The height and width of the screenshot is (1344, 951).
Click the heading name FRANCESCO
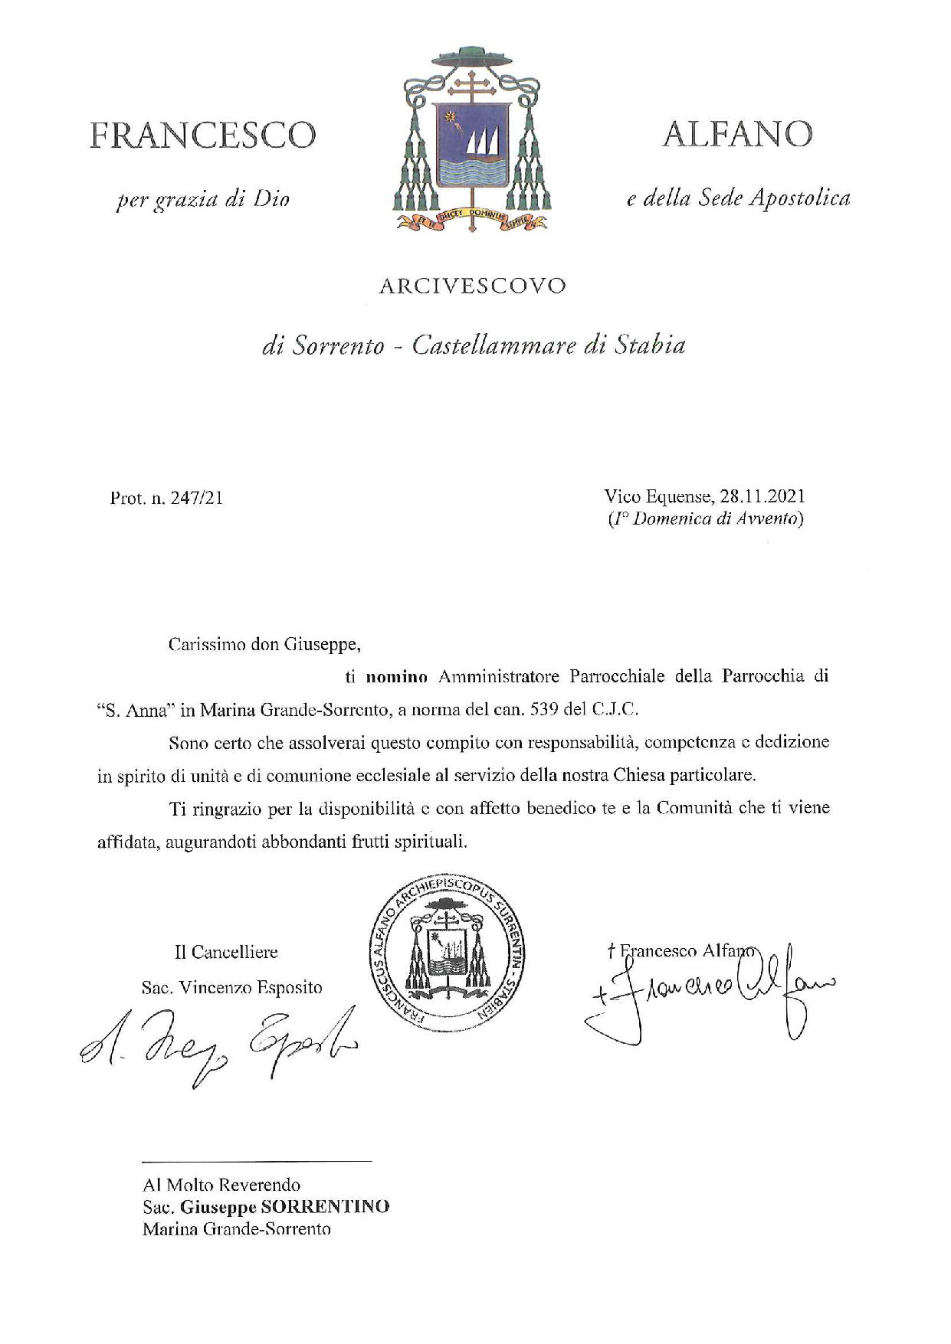pyautogui.click(x=202, y=136)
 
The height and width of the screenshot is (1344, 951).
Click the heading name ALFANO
pyautogui.click(x=737, y=136)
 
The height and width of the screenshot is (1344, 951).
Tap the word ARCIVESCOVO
pyautogui.click(x=473, y=286)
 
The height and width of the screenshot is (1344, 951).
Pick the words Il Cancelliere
pyautogui.click(x=226, y=953)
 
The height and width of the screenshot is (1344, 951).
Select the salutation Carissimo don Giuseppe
pyautogui.click(x=264, y=644)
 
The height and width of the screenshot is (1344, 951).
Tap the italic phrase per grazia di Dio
pyautogui.click(x=202, y=201)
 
